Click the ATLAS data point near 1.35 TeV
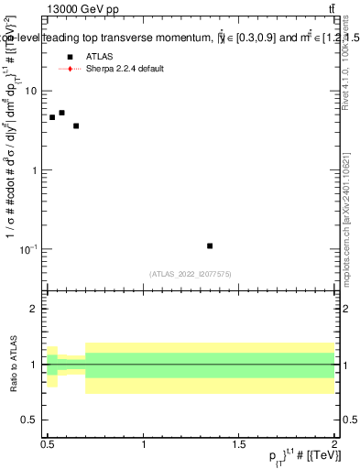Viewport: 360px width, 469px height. point(210,245)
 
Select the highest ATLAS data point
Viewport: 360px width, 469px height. point(61,113)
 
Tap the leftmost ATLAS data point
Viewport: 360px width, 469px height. point(52,117)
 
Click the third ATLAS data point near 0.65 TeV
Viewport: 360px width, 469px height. point(76,125)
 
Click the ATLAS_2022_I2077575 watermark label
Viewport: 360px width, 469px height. point(190,273)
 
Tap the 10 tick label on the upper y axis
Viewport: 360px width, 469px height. point(30,91)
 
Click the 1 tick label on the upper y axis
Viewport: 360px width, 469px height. point(34,170)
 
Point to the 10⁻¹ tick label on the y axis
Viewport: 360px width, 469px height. point(28,249)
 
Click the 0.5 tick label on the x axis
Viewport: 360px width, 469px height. point(47,444)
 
